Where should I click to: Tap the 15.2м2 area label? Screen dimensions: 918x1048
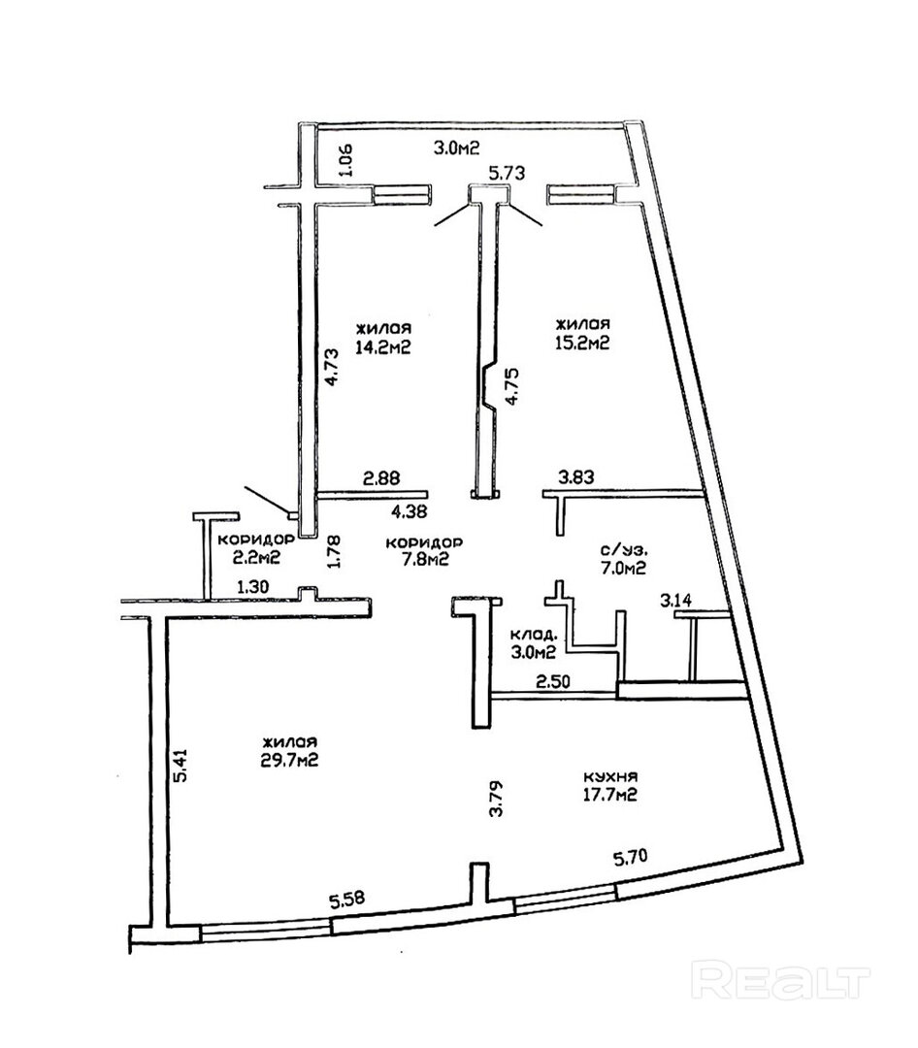582,343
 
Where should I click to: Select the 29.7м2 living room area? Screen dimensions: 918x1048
289,760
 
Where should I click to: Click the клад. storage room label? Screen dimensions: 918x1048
533,633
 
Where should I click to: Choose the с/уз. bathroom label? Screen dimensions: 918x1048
622,551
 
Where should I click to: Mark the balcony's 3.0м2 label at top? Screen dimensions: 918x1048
457,148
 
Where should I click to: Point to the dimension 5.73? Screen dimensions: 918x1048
507,173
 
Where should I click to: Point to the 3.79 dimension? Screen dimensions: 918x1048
496,799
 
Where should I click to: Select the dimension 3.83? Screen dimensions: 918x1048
576,477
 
